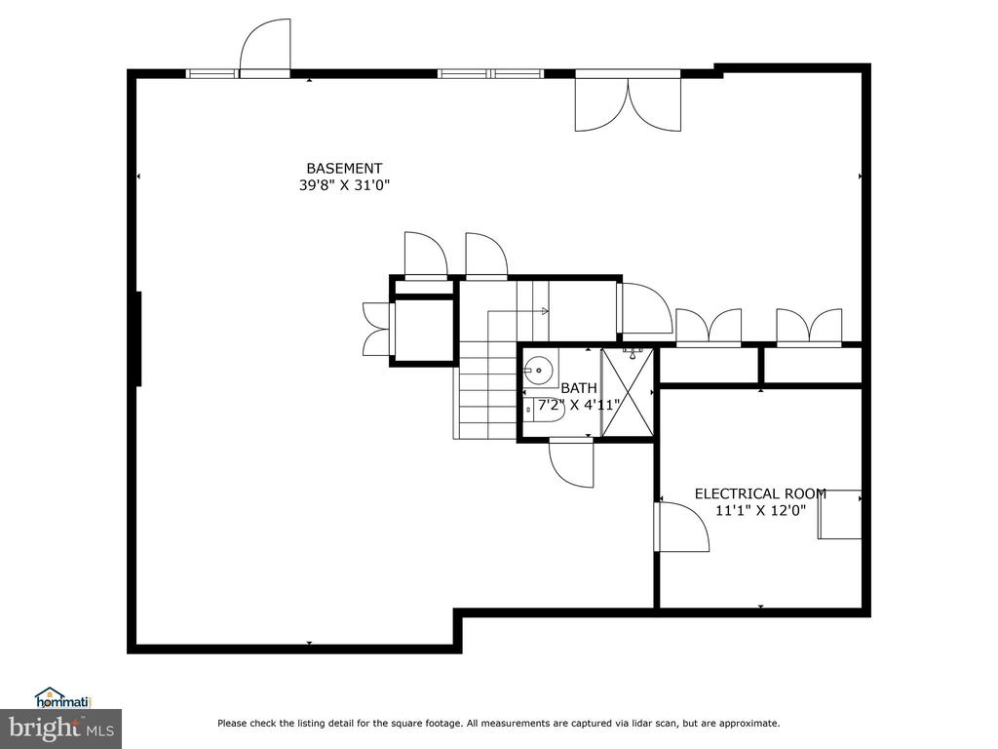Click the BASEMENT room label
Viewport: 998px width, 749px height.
tap(344, 168)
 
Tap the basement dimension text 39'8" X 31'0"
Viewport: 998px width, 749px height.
tap(344, 185)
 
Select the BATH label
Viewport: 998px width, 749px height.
tap(579, 388)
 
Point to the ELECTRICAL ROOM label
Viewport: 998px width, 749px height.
tap(760, 493)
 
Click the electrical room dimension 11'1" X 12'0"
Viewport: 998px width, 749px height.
tap(760, 510)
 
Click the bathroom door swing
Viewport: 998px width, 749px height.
tap(571, 463)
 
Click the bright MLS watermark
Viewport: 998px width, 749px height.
tap(61, 728)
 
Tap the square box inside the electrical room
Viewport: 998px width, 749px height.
tap(840, 515)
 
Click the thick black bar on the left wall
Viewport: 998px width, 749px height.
tap(138, 338)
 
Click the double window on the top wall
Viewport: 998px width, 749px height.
tap(491, 74)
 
